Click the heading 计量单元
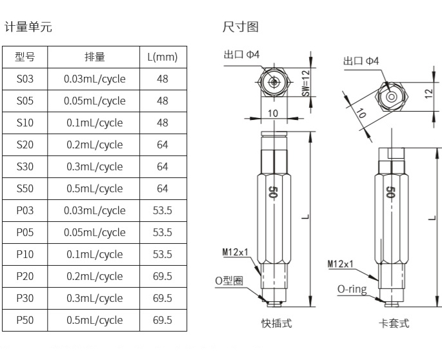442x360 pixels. (28, 27)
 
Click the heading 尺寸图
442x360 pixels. (240, 27)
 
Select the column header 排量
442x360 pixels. (95, 57)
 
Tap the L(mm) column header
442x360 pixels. (162, 57)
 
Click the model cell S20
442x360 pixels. (25, 145)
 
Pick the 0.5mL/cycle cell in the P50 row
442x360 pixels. (95, 320)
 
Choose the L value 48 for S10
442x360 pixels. (162, 123)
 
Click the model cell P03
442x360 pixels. (25, 210)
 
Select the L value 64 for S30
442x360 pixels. (162, 166)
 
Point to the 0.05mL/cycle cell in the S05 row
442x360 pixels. (95, 101)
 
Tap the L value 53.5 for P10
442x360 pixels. (162, 254)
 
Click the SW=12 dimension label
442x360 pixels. (306, 83)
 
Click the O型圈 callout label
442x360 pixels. (228, 281)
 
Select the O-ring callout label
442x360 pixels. (352, 289)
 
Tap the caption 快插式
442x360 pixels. (273, 323)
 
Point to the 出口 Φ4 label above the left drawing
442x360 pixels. (241, 55)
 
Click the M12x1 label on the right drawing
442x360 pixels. (340, 264)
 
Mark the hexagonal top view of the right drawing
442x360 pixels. (391, 97)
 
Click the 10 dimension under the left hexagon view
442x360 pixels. (273, 114)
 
